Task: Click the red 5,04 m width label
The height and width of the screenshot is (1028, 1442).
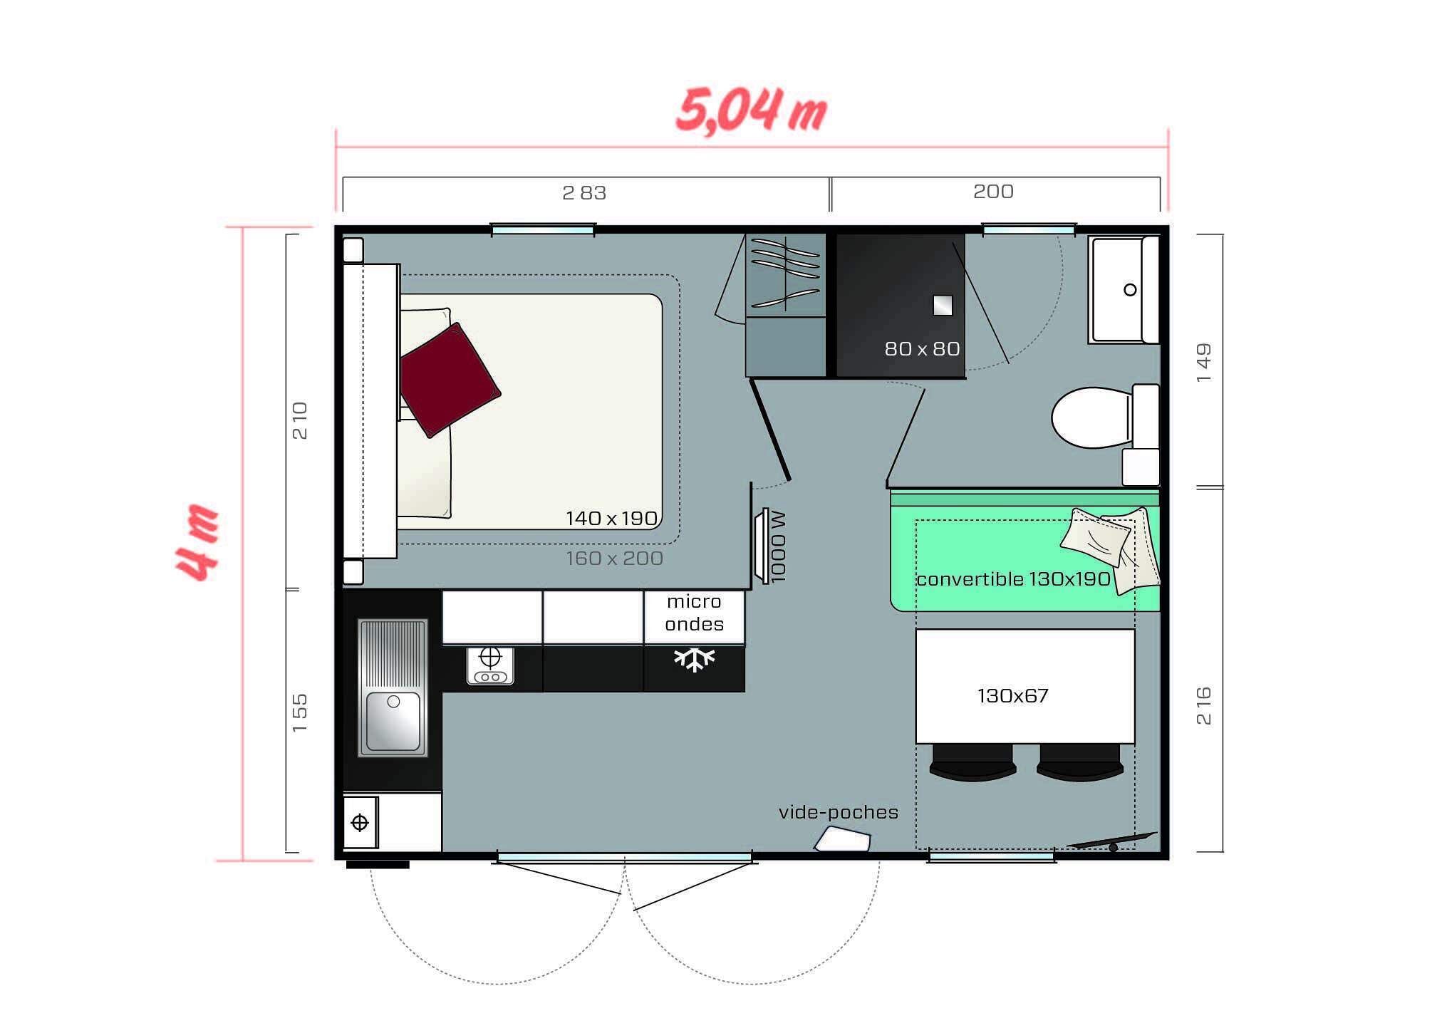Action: (x=751, y=111)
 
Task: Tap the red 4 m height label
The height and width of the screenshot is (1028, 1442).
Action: (x=197, y=543)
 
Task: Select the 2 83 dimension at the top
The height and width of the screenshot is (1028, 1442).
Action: (x=583, y=193)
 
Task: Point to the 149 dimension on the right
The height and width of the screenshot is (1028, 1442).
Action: (x=1203, y=363)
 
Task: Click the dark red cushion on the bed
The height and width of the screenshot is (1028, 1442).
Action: (x=449, y=380)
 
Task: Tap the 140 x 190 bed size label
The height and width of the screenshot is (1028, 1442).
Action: (x=611, y=519)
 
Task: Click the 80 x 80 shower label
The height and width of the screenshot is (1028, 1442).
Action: (x=922, y=349)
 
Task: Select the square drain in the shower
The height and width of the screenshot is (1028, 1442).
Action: (x=943, y=306)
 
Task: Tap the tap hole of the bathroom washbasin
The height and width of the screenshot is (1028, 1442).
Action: (x=1130, y=290)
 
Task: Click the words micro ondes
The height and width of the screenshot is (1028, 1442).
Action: (x=694, y=613)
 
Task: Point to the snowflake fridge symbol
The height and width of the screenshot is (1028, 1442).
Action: (x=694, y=659)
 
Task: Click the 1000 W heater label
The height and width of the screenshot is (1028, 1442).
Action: (x=778, y=546)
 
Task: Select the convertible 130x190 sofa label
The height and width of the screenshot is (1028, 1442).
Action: (x=1012, y=579)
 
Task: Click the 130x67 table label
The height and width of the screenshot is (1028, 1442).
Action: (x=1012, y=696)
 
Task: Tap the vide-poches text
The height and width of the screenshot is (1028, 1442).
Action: (x=838, y=812)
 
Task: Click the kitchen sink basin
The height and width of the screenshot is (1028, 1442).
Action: (x=393, y=721)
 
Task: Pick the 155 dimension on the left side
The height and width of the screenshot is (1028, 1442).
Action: (x=300, y=712)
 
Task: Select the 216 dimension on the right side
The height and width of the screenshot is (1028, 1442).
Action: (x=1203, y=705)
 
